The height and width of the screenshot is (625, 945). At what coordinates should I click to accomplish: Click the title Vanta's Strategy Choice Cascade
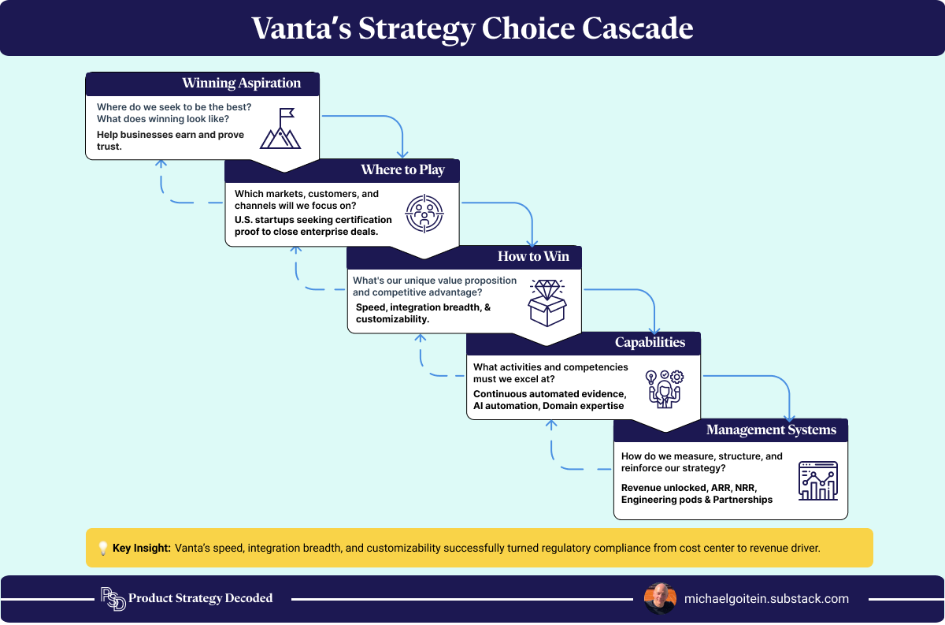[472, 28]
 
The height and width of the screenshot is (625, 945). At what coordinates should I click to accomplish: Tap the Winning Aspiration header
[241, 84]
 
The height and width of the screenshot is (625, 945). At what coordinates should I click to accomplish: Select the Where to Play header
[402, 170]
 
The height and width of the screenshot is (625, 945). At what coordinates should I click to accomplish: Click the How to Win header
[533, 257]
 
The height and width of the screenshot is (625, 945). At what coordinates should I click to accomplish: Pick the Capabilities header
[650, 343]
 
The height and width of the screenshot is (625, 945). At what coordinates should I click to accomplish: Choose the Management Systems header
[771, 430]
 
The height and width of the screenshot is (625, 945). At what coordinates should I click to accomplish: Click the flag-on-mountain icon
[281, 128]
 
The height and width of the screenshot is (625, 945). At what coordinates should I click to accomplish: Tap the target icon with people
[424, 214]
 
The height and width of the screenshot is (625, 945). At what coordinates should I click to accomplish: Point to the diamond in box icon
[547, 302]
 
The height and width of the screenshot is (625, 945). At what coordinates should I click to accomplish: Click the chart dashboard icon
[818, 481]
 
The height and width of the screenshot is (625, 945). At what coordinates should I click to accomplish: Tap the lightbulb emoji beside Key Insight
[102, 549]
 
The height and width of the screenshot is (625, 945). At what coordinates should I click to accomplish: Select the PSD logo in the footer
[112, 599]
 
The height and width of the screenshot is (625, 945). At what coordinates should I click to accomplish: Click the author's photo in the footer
[659, 599]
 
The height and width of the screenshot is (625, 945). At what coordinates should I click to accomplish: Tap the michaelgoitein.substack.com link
[766, 599]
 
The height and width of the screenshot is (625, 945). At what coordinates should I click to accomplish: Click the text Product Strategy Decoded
[200, 599]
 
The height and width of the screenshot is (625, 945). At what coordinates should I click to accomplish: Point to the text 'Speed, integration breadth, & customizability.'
[423, 314]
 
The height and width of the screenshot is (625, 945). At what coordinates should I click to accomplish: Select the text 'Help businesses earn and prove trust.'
[170, 140]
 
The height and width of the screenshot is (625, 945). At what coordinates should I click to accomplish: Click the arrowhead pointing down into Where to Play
[403, 153]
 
